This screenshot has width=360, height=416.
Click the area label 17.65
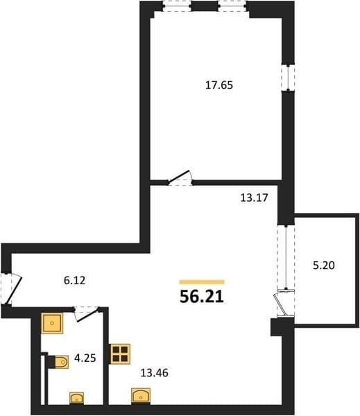point(219,85)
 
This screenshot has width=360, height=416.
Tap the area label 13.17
point(254,198)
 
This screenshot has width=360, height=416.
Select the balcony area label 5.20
point(324,266)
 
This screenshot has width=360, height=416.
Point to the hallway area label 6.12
point(75,280)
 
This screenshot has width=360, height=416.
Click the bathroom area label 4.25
point(85,358)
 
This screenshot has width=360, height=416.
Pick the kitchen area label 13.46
point(154,373)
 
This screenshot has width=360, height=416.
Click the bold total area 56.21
point(202,297)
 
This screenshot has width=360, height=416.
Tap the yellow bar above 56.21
point(202,282)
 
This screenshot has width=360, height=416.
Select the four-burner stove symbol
point(120,354)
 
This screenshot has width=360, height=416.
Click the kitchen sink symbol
point(141,396)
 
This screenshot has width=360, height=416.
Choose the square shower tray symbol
point(52,323)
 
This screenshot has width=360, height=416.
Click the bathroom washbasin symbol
point(77,398)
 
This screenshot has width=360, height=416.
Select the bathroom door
point(87,314)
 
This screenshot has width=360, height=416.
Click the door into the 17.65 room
point(179,177)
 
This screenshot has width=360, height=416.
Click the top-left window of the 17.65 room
point(177,6)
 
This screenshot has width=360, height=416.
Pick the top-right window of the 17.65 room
point(232,6)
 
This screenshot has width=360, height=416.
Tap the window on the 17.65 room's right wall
point(288,78)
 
